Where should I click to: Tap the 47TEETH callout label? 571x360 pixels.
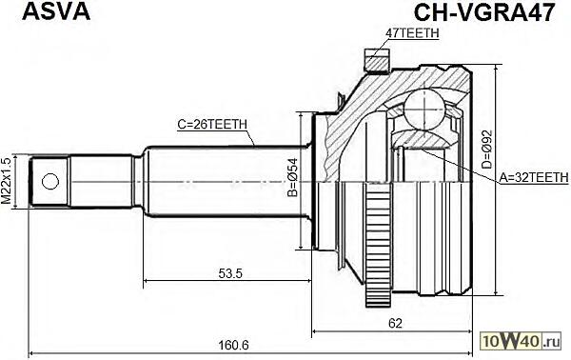(412, 32)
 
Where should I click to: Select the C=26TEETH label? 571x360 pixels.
(212, 125)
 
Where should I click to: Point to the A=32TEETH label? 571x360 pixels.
(533, 177)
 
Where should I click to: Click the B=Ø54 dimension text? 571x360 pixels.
(292, 177)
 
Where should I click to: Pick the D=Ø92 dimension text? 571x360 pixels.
(487, 149)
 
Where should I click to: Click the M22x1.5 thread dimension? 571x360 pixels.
(7, 181)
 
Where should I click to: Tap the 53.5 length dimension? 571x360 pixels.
(230, 273)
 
